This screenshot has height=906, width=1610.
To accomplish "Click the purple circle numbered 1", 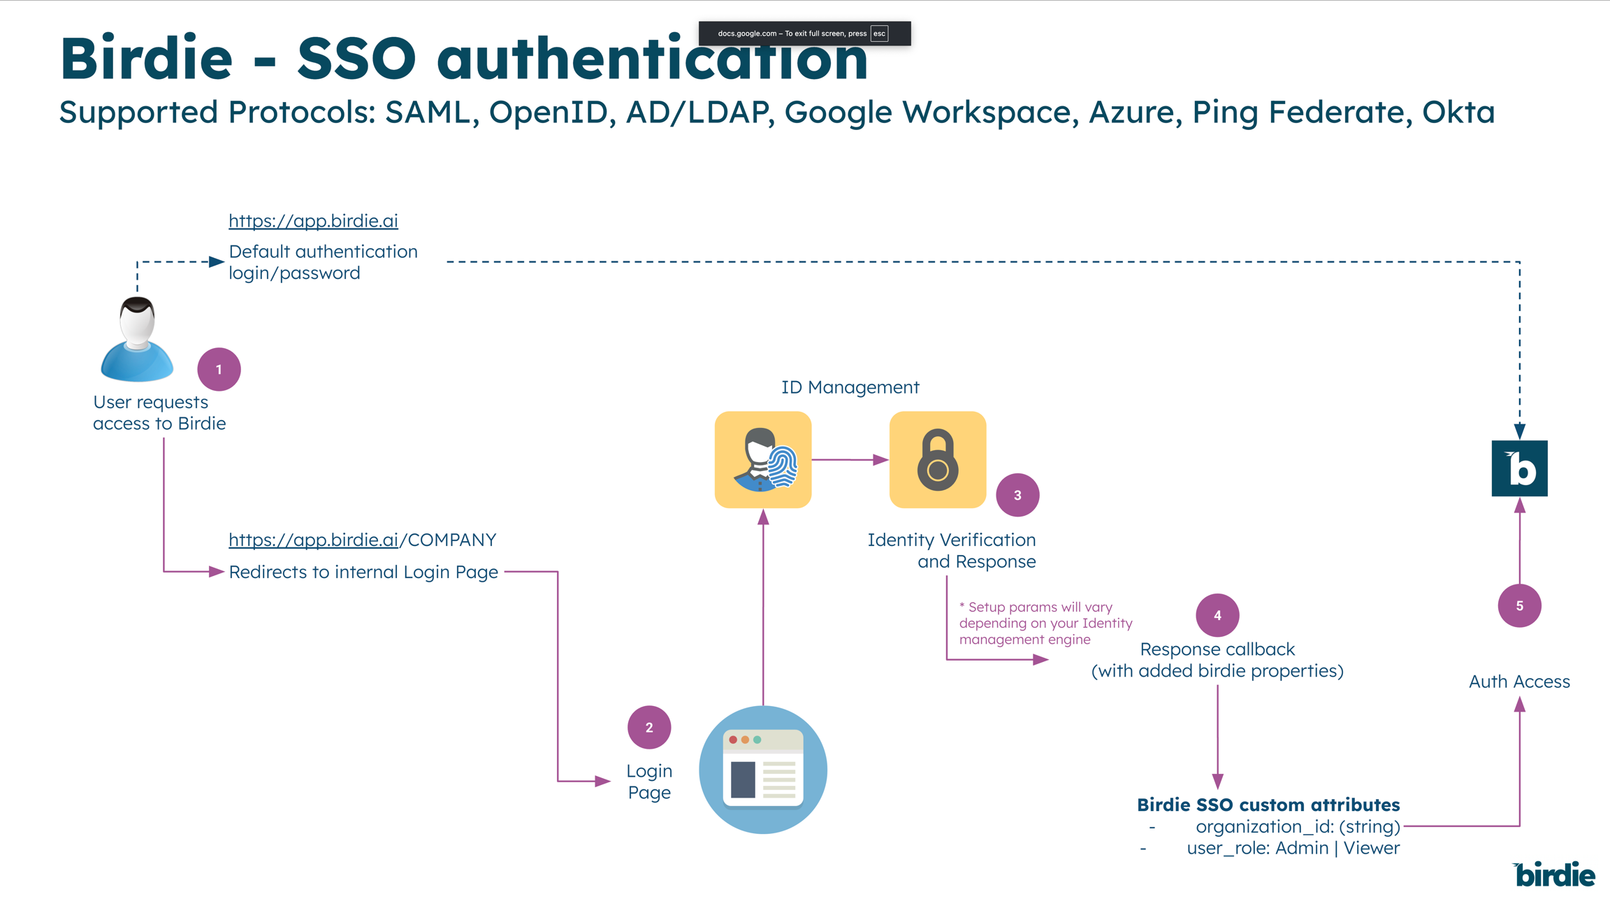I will point(219,369).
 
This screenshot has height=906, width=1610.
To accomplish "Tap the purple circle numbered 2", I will point(649,727).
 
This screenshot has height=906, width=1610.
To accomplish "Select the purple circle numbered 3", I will point(1017,495).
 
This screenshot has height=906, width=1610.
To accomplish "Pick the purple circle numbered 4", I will point(1217,615).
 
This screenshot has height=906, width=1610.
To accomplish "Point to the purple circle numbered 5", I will point(1519,605).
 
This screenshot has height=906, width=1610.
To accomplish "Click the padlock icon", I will point(938,460).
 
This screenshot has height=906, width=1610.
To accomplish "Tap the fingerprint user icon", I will point(763,460).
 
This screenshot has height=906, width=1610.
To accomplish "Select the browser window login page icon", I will point(763,769).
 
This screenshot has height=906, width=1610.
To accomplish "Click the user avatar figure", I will point(137,340).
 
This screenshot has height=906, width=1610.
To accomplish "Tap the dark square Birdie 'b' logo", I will point(1519,468).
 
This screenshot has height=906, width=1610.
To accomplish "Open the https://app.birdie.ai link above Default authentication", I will point(313,221).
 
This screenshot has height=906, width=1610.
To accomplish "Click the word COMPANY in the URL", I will point(451,540).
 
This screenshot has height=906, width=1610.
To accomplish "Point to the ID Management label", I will point(850,387).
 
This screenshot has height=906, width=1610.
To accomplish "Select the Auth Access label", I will point(1519,681).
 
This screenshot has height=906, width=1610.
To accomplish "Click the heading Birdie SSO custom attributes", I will point(1268,805).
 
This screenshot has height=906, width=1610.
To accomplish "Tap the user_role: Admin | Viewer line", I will point(1293,848).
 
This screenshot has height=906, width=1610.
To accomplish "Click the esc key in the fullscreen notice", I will point(879,34).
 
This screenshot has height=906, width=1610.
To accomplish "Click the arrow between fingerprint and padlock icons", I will point(850,460).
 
